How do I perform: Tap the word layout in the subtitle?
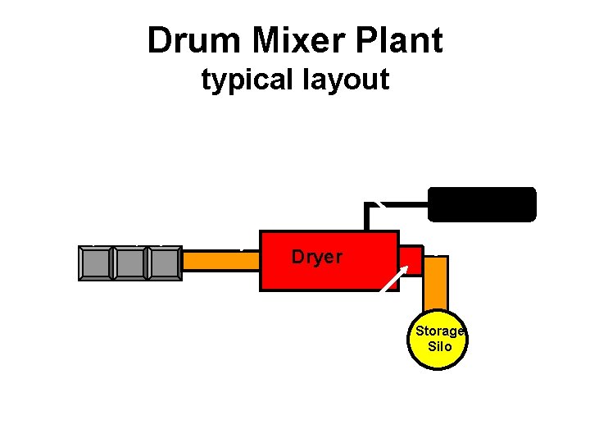coord(347,80)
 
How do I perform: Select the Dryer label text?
coord(317,257)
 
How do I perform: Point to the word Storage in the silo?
coord(439,331)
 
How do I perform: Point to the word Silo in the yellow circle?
coord(440,346)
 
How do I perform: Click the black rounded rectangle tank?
coord(482,204)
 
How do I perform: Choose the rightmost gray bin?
coord(165,263)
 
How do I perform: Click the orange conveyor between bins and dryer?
coord(220,260)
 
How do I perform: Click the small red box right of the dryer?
coord(413,260)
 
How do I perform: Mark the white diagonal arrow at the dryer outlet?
coord(394,276)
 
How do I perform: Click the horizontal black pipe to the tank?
coord(402,203)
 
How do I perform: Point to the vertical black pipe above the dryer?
coord(369,217)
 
